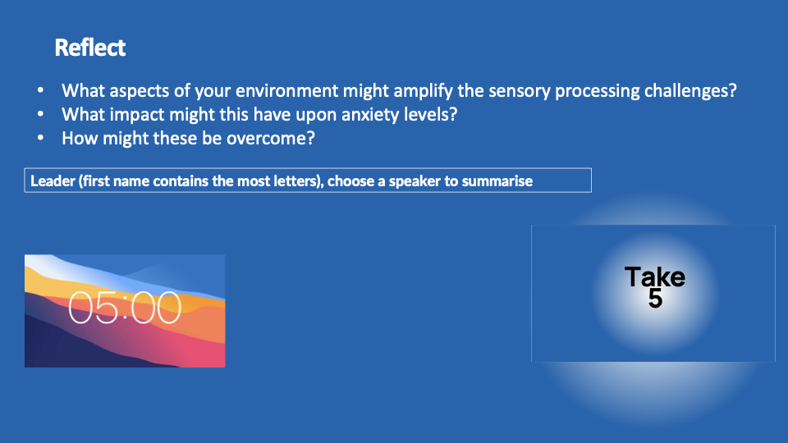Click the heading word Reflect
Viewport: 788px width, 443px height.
pyautogui.click(x=90, y=48)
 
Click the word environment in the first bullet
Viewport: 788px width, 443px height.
pyautogui.click(x=287, y=90)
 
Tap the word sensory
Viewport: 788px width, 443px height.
pyautogui.click(x=519, y=91)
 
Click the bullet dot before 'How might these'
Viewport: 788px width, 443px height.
pyautogui.click(x=41, y=137)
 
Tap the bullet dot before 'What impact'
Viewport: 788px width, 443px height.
pyautogui.click(x=41, y=113)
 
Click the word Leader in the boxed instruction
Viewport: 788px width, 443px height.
pyautogui.click(x=53, y=180)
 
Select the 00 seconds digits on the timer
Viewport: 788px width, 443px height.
pyautogui.click(x=158, y=308)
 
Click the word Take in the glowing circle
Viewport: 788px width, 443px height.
pyautogui.click(x=655, y=276)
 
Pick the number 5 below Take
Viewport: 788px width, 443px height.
pyautogui.click(x=655, y=299)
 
